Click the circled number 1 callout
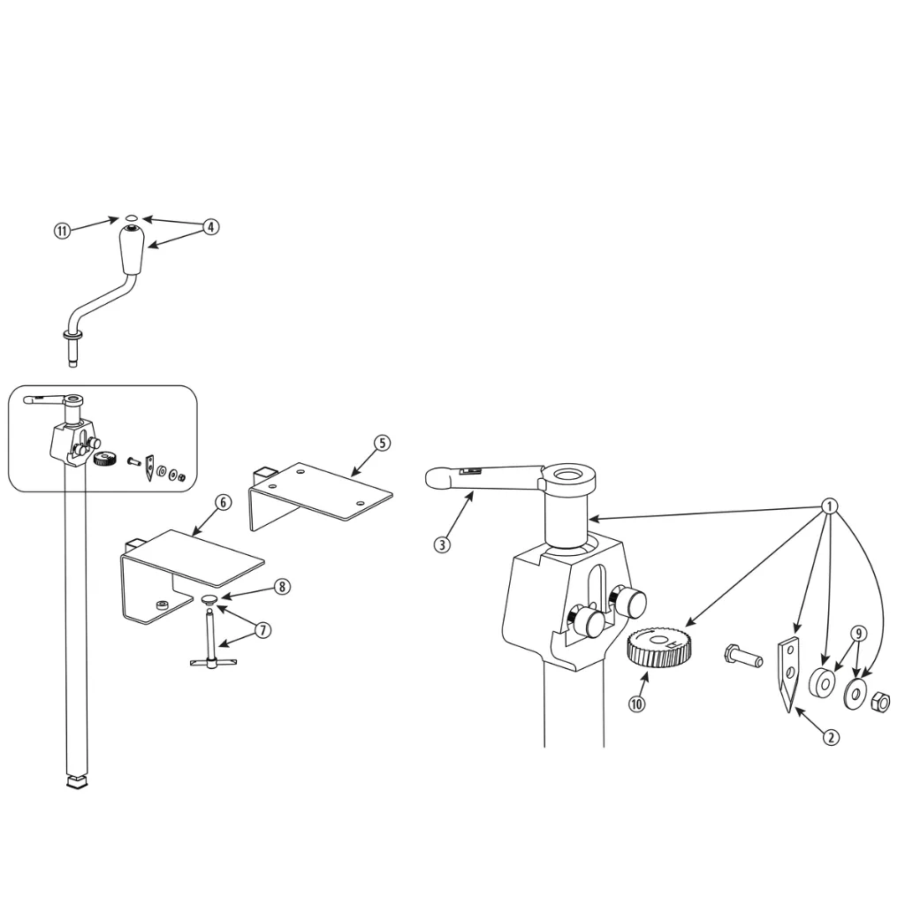(829, 506)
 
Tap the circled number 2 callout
(831, 737)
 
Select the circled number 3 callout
(442, 544)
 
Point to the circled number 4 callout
(210, 227)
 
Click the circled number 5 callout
(382, 443)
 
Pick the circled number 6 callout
(224, 502)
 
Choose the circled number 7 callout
(263, 629)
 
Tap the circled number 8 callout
(282, 587)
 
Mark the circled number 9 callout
(858, 634)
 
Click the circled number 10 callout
(636, 703)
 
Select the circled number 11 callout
(63, 231)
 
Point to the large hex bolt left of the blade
(743, 656)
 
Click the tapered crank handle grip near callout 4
(132, 250)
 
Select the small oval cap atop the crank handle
(132, 218)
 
